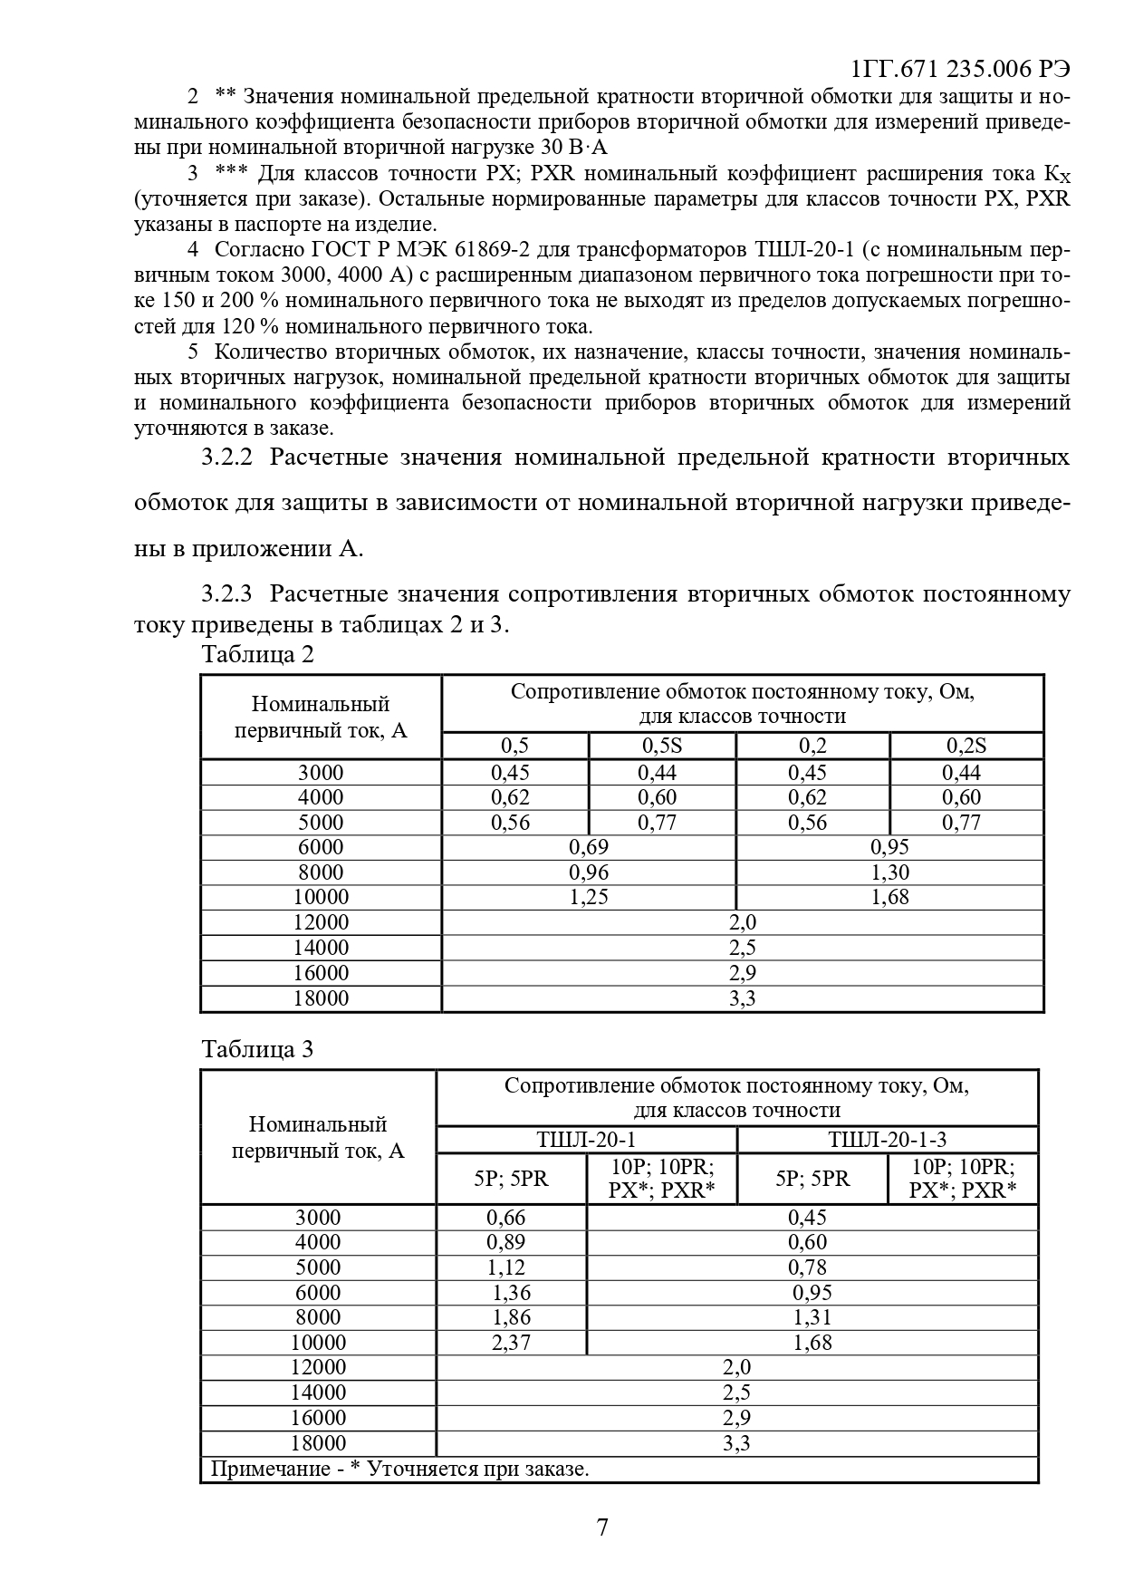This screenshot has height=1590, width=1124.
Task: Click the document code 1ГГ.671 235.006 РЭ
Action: point(961,70)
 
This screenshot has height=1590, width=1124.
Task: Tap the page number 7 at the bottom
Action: point(602,1528)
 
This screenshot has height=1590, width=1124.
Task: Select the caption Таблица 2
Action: point(258,654)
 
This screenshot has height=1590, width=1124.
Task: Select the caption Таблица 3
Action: point(257,1049)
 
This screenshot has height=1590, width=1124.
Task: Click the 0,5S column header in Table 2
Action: point(662,747)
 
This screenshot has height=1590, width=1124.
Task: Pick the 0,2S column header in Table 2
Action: point(966,747)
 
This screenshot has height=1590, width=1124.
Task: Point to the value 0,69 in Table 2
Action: point(589,848)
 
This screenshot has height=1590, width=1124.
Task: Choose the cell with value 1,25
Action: point(589,898)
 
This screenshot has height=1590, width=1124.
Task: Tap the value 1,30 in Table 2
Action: point(889,872)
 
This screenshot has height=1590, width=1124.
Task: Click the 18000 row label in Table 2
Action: point(321,998)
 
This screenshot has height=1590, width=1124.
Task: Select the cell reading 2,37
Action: point(511,1343)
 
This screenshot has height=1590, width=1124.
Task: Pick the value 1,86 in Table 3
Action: point(511,1317)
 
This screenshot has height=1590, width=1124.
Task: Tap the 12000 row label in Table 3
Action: point(318,1367)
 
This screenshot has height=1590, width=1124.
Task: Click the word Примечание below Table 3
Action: point(269,1469)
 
